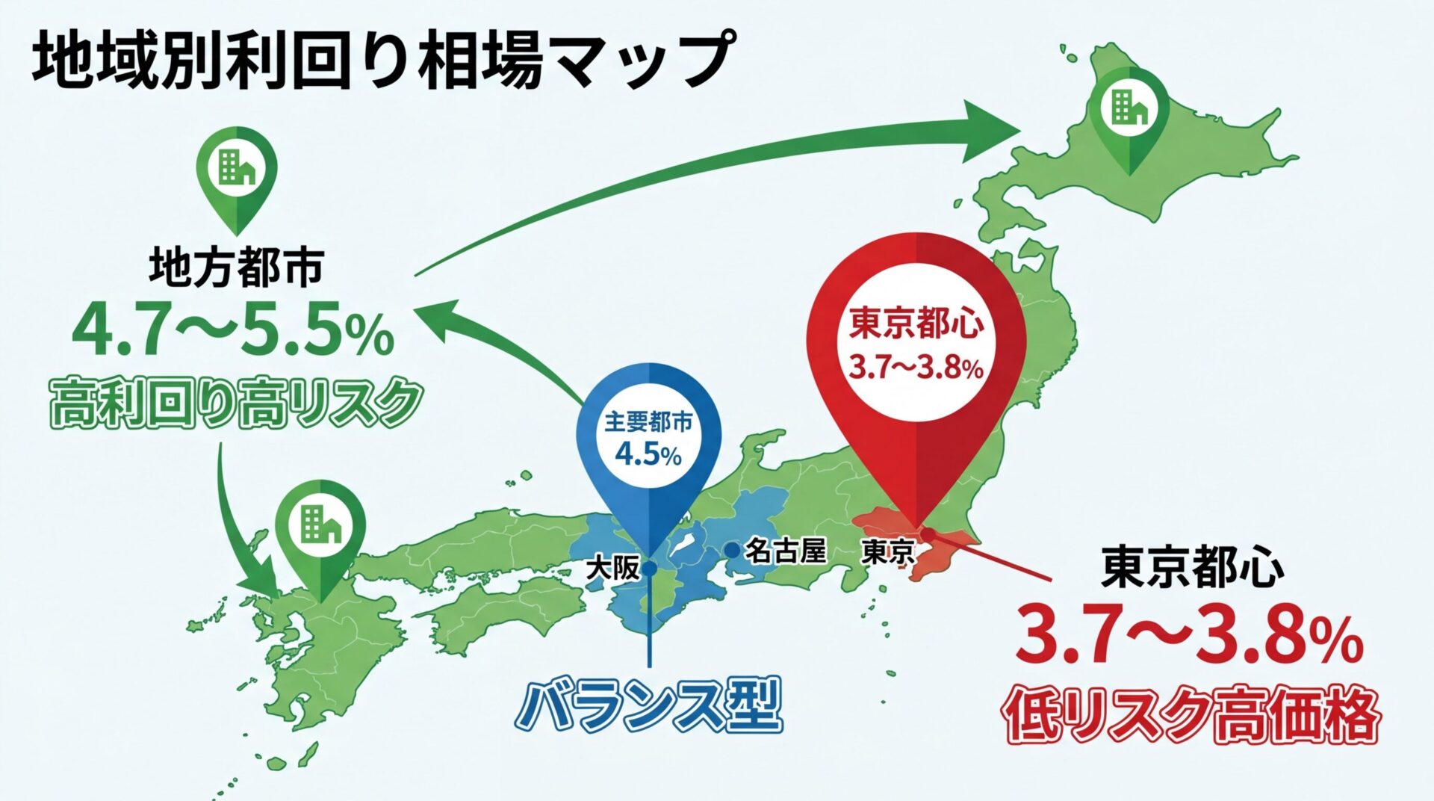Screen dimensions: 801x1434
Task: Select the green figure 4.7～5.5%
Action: click(x=233, y=334)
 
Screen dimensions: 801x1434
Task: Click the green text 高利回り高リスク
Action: click(x=236, y=403)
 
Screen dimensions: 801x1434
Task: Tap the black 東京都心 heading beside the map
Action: click(x=1193, y=568)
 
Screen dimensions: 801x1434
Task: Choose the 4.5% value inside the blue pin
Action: click(x=648, y=454)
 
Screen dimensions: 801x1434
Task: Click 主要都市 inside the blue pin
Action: click(x=648, y=422)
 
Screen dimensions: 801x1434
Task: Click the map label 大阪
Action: click(x=612, y=569)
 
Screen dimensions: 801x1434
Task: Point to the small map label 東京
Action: click(x=887, y=553)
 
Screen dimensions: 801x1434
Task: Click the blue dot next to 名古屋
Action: click(x=733, y=551)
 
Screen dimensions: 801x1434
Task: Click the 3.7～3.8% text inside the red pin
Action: click(x=916, y=368)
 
